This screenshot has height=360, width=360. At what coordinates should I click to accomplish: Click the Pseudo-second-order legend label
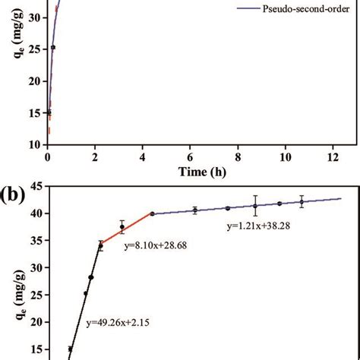(x=291, y=12)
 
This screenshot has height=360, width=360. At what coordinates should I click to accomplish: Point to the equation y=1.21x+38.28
(x=261, y=226)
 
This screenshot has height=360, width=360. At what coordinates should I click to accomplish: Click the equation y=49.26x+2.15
(x=118, y=323)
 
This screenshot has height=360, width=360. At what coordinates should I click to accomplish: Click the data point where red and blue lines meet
(x=152, y=214)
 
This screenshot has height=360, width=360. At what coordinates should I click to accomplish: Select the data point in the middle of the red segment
(x=122, y=227)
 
